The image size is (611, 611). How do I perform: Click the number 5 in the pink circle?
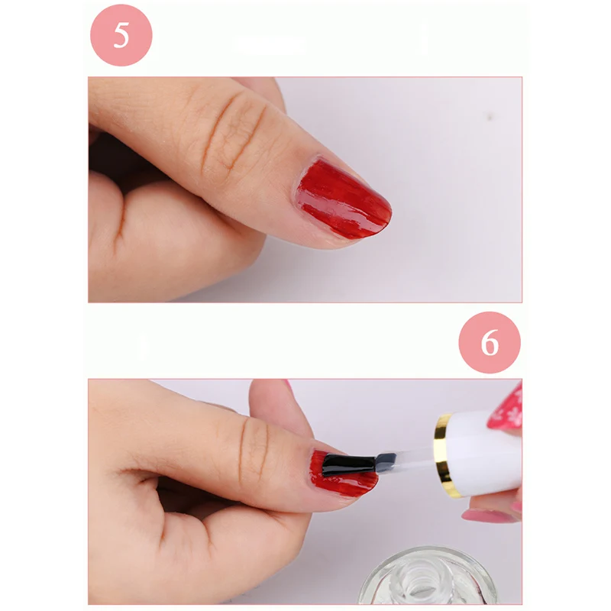pos(121,35)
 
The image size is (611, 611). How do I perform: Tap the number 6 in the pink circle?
pos(490,342)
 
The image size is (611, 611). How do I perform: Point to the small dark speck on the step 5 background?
pos(490,116)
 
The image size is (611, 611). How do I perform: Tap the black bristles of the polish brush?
pos(348,464)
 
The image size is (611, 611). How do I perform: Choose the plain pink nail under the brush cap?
pos(489,516)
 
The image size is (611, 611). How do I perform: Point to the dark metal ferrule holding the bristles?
pos(386,461)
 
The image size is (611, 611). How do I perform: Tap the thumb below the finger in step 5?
pos(176,244)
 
